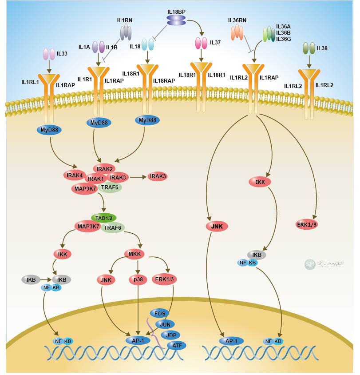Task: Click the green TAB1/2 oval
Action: click(x=103, y=218)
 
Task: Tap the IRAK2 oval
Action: click(x=103, y=168)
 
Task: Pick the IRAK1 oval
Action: click(x=95, y=179)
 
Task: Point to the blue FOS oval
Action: click(x=160, y=313)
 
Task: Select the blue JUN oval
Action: click(x=165, y=324)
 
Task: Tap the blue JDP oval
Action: click(x=170, y=334)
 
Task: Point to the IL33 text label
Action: click(x=62, y=54)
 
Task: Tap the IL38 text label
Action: click(x=322, y=48)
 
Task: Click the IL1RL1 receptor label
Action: click(x=31, y=82)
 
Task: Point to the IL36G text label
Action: click(x=284, y=39)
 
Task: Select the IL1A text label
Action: click(x=84, y=47)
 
